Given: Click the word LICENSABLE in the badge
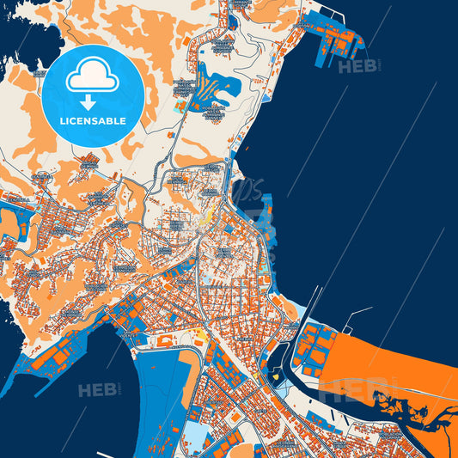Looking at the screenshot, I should coord(94,121).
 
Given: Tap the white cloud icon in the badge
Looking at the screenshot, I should coord(93,78).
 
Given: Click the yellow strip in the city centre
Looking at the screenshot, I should coord(206,219).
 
